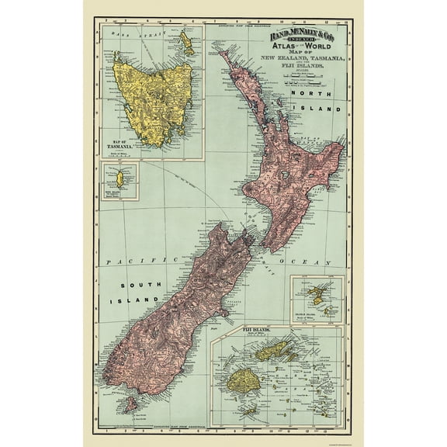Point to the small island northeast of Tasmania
[186, 38]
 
